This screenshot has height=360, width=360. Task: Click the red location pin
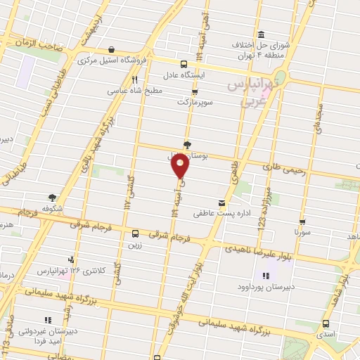(x=181, y=166)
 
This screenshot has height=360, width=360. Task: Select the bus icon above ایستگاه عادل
(x=183, y=63)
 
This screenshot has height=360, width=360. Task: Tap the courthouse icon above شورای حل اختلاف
(x=261, y=35)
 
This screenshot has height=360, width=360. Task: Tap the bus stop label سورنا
(x=302, y=231)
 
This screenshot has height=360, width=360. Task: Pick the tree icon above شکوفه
(x=53, y=198)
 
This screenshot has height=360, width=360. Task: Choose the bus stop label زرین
(x=135, y=245)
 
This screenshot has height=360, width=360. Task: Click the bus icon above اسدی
(x=326, y=323)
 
